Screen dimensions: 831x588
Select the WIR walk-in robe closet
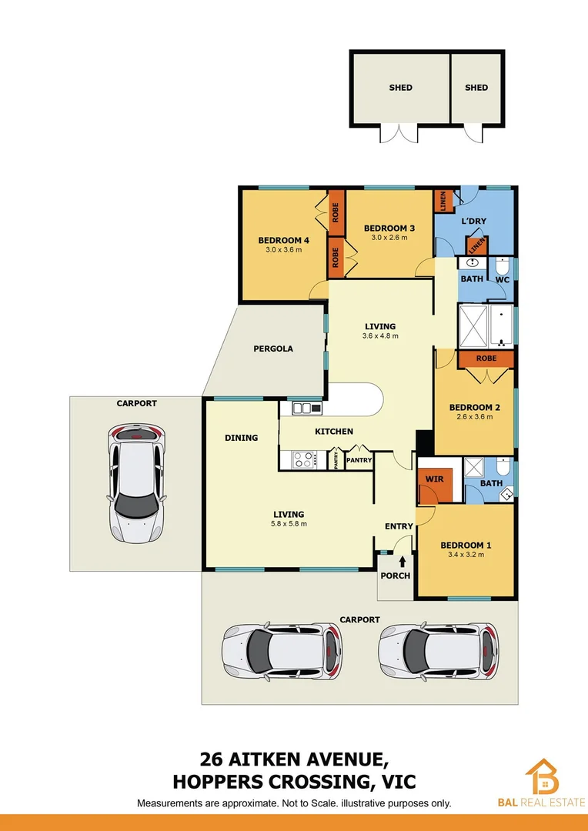click(x=434, y=479)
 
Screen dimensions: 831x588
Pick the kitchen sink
click(x=306, y=408)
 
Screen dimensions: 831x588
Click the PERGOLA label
click(x=273, y=349)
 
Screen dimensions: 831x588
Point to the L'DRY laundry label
click(x=473, y=222)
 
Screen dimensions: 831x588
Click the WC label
click(x=503, y=279)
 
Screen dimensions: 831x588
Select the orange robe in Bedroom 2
click(x=486, y=359)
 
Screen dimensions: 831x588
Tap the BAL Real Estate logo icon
click(x=543, y=776)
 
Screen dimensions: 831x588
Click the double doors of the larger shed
click(x=400, y=133)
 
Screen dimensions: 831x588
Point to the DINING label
click(x=241, y=438)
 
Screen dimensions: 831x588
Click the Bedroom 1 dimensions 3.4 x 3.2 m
click(x=466, y=556)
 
